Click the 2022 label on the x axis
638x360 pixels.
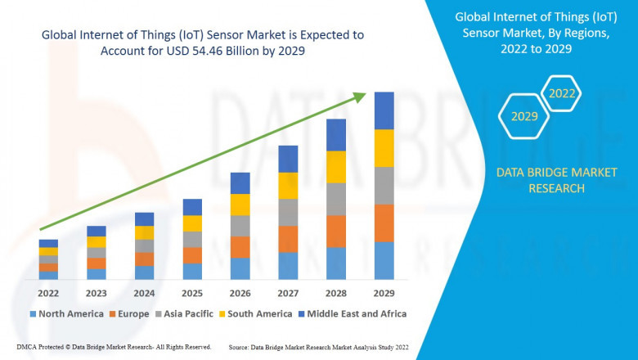(48, 292)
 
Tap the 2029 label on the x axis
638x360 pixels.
(384, 292)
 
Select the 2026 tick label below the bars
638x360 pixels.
(240, 292)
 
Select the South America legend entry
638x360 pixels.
(257, 313)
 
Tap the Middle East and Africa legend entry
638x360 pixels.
(356, 313)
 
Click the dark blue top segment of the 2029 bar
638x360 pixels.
(384, 110)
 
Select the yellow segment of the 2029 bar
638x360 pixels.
(384, 148)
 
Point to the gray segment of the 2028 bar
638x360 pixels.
(336, 199)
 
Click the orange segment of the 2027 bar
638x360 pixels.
(288, 239)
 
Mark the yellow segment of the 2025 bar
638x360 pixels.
(192, 223)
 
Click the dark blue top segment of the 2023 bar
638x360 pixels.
(97, 231)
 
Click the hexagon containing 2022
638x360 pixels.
(562, 93)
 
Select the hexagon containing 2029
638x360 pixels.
(524, 116)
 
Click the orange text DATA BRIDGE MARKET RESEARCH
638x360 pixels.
(541, 180)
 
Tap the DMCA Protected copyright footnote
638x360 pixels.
(113, 347)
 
